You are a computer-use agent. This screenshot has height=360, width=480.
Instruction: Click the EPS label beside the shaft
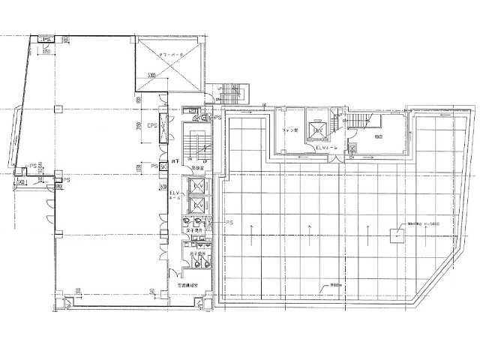tap(151, 124)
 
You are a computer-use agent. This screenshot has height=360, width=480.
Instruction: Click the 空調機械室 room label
tap(187, 286)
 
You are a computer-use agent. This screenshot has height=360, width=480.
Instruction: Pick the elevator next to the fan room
tap(317, 131)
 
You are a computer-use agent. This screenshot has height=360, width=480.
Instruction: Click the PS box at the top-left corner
tap(46, 40)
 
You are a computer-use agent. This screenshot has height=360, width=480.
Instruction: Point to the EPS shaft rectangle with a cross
tap(164, 124)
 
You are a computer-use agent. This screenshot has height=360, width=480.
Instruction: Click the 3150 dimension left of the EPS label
tap(139, 125)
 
